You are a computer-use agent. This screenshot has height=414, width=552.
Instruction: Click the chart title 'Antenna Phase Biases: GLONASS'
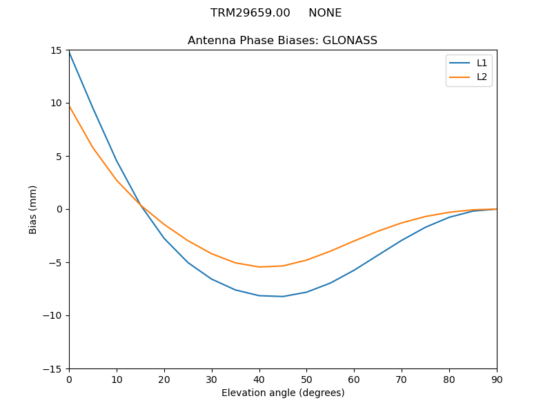pyautogui.click(x=282, y=41)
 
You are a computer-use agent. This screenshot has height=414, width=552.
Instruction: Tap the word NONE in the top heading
pyautogui.click(x=325, y=13)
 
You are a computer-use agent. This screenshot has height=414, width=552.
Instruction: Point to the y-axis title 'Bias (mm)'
pyautogui.click(x=33, y=209)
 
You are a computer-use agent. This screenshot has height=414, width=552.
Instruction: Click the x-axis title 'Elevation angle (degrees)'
pyautogui.click(x=283, y=393)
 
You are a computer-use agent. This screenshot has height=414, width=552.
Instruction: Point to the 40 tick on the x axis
pyautogui.click(x=259, y=379)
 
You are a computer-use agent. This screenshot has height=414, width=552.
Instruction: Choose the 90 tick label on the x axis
pyautogui.click(x=497, y=379)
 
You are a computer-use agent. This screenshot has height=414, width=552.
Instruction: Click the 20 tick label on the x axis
pyautogui.click(x=164, y=379)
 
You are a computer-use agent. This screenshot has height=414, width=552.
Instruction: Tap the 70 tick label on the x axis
pyautogui.click(x=402, y=379)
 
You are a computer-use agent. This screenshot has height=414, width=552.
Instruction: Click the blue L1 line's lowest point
pyautogui.click(x=283, y=297)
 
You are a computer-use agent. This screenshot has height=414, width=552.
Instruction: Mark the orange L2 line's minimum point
pyautogui.click(x=259, y=267)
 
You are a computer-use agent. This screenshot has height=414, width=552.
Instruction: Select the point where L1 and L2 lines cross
pyautogui.click(x=140, y=205)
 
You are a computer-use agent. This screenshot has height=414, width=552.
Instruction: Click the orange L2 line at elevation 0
pyautogui.click(x=69, y=106)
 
